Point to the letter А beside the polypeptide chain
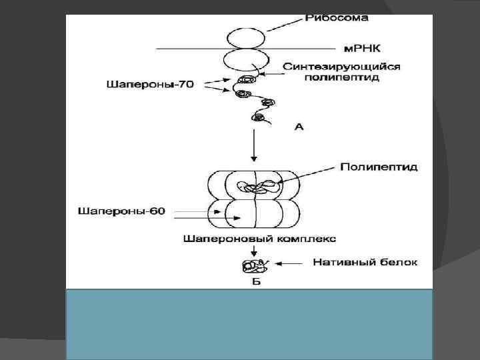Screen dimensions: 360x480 [299, 126]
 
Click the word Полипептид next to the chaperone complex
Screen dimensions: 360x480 [379, 167]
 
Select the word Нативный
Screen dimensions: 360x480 [341, 263]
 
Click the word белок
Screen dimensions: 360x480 [397, 263]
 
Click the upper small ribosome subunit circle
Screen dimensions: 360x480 [243, 37]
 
